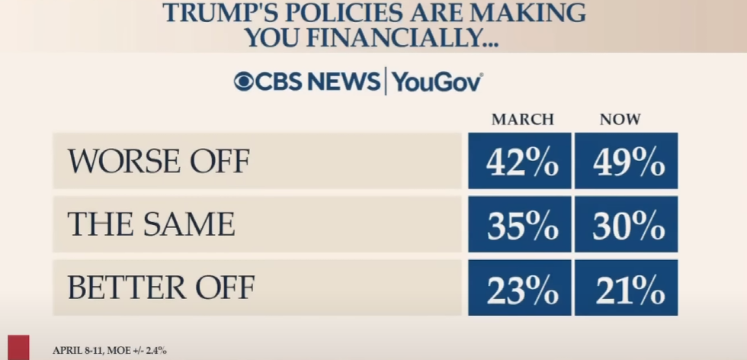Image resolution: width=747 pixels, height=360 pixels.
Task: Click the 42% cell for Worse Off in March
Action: pos(519,161)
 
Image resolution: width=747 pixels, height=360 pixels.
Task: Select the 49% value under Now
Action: pos(626,161)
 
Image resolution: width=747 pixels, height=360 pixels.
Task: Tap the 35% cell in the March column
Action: pos(519,224)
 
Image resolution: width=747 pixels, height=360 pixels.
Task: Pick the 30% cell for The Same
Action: pos(626,224)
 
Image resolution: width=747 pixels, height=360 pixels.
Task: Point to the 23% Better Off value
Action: pos(519,288)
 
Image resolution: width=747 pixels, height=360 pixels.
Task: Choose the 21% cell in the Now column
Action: pos(626,288)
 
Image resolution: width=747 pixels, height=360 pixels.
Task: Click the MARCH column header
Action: pos(522,120)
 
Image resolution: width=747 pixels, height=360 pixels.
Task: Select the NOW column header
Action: pos(620,120)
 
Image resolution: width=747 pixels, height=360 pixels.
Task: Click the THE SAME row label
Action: pos(150,224)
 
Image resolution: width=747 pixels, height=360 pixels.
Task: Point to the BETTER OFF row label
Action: pos(160,288)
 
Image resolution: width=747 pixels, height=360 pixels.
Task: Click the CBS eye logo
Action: pos(245,82)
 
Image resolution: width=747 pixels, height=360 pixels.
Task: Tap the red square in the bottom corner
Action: pos(18,348)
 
